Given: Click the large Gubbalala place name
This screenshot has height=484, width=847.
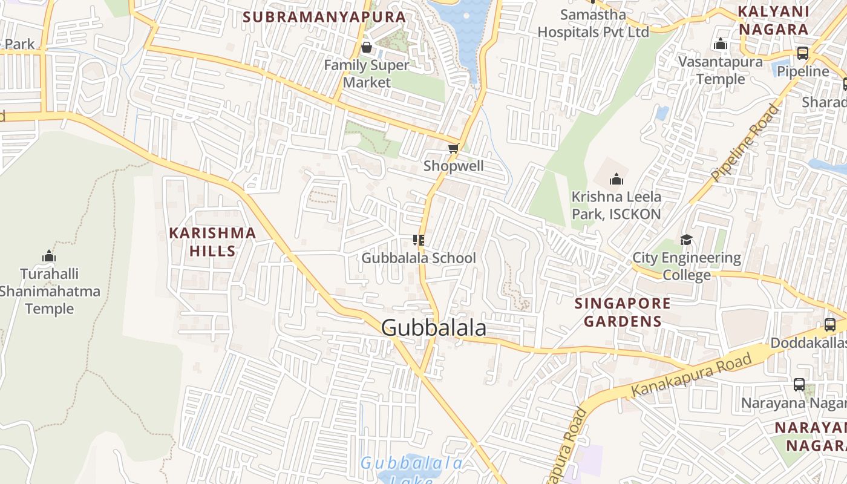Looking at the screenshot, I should click(434, 328).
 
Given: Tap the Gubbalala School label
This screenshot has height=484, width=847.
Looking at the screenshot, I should click(419, 258).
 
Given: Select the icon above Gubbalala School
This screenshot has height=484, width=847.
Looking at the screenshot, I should click(418, 240).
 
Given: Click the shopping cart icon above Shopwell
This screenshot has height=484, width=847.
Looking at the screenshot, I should click(453, 149).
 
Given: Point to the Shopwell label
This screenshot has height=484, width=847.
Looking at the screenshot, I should click(453, 166).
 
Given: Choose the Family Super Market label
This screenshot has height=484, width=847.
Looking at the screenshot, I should click(367, 73).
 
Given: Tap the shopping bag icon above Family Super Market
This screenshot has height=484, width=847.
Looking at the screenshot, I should click(366, 47).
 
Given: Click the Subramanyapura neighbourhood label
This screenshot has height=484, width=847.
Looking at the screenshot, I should click(324, 17).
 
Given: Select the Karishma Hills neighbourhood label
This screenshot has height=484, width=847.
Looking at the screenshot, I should click(212, 241).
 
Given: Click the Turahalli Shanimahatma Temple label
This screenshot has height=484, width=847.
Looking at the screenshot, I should click(50, 291).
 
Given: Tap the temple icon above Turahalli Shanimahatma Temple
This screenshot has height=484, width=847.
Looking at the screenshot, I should click(49, 256).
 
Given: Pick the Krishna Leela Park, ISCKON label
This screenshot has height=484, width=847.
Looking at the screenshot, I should click(616, 205).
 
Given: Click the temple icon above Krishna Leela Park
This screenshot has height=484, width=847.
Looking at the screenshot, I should click(616, 179).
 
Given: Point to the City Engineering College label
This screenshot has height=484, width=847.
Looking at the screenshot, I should click(687, 266).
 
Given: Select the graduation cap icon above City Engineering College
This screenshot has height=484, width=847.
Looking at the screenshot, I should click(686, 240).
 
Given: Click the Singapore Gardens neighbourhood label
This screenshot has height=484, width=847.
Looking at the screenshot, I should click(623, 312).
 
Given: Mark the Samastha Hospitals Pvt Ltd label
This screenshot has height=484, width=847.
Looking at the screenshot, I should click(593, 23).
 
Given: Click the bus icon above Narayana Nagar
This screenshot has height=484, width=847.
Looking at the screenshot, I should click(799, 385).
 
